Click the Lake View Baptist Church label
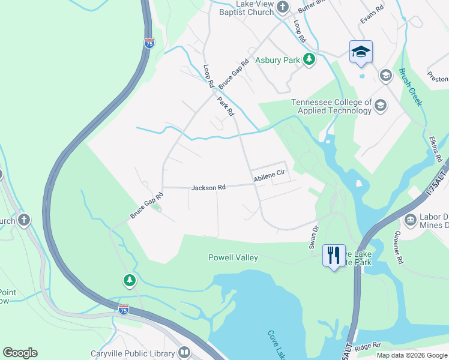246,8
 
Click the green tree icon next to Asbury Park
309,59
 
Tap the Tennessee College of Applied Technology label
331,106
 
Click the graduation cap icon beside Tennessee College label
380,106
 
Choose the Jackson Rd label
208,188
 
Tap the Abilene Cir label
268,177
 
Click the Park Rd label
226,106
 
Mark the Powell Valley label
233,257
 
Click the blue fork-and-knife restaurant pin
334,256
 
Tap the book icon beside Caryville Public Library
184,353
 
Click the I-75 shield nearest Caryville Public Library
123,310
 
